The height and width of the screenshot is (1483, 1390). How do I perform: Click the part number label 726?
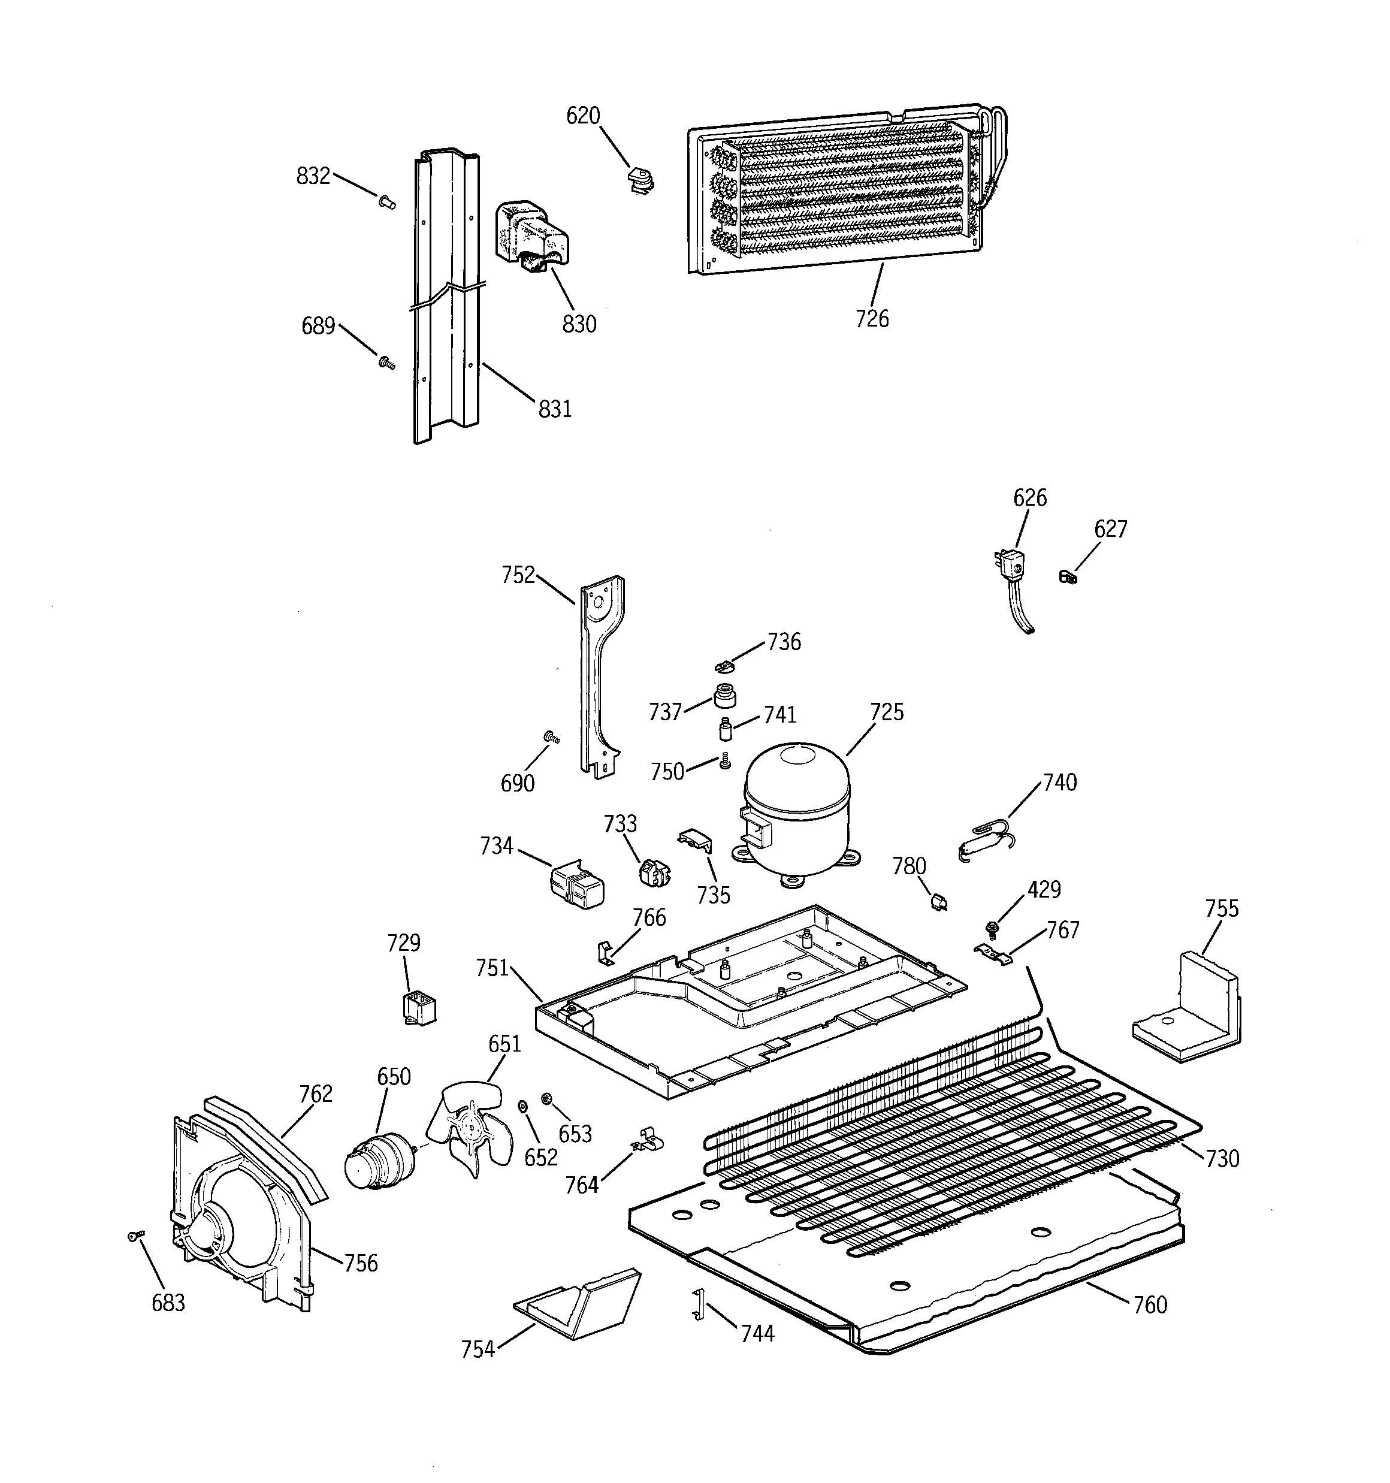[872, 319]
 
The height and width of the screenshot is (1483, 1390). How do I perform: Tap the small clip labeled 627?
[1068, 576]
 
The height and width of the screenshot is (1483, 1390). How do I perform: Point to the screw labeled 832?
[387, 201]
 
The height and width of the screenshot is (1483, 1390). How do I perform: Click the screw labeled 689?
[386, 363]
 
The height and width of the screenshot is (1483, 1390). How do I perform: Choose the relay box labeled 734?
[577, 886]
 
